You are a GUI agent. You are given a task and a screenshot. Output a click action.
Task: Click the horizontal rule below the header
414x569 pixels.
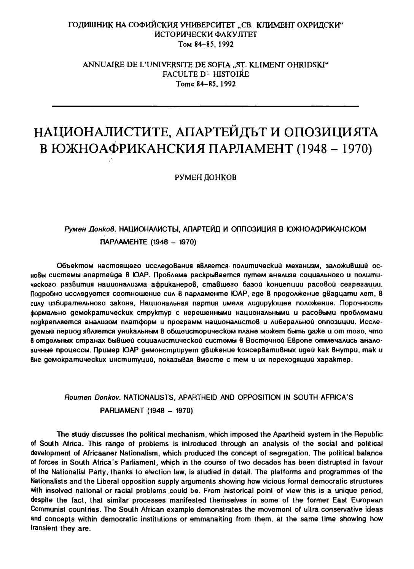click(205, 105)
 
